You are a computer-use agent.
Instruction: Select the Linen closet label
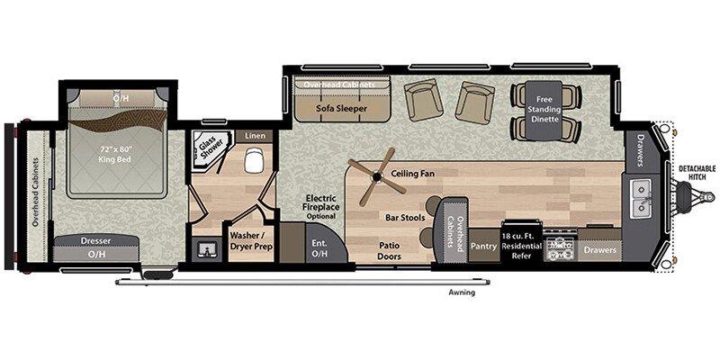point(255,136)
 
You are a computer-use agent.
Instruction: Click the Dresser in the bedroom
point(95,242)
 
